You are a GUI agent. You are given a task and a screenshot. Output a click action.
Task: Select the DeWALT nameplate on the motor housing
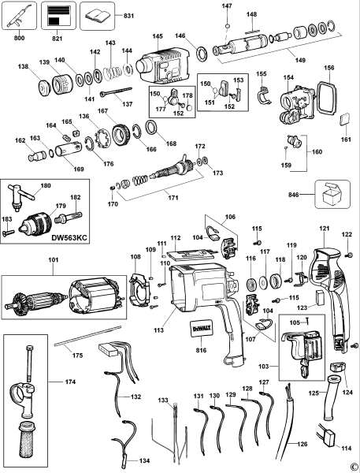point(200,330)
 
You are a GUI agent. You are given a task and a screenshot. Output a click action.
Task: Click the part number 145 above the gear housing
point(158,36)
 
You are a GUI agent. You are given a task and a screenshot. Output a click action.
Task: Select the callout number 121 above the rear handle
point(322,229)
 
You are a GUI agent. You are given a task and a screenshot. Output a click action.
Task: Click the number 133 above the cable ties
point(162,401)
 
